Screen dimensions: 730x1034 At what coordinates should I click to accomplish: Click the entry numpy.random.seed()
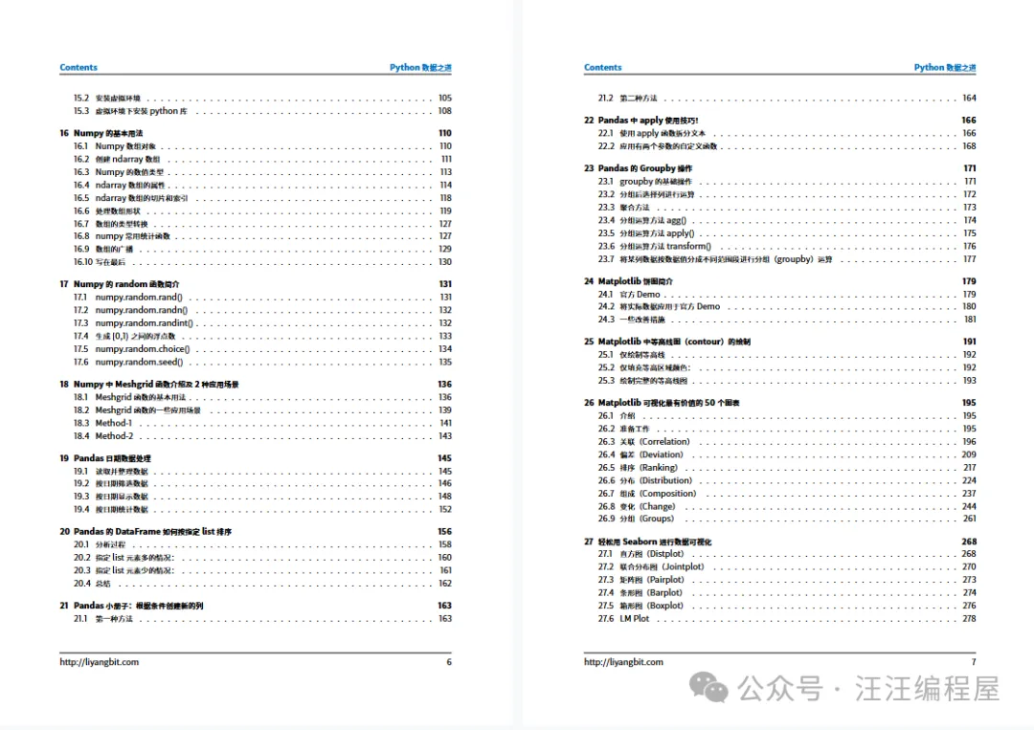pos(142,362)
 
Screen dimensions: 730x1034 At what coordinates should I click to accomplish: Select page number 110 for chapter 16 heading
pos(445,133)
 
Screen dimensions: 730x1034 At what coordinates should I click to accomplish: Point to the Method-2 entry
pos(114,435)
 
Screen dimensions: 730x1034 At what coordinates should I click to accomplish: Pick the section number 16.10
pos(82,261)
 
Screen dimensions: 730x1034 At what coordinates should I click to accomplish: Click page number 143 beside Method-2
pos(445,435)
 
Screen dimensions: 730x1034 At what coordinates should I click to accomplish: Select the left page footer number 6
pos(449,662)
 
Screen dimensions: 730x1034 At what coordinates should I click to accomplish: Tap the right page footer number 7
pos(974,662)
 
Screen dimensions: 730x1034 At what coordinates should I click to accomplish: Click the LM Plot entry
pos(634,618)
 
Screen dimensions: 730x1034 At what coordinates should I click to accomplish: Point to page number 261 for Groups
pos(970,519)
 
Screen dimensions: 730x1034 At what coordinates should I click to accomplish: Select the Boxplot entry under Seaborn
pos(651,606)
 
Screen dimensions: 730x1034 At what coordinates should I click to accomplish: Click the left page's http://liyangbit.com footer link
pos(99,662)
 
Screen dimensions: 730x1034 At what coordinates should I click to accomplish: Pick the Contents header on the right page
pos(602,68)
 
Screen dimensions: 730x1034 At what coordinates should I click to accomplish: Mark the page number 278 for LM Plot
pos(970,618)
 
